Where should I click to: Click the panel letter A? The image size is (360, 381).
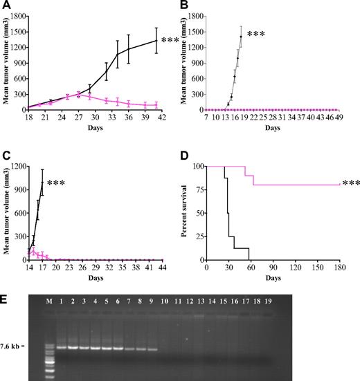(x=6, y=6)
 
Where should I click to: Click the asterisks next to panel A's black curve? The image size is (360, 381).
(x=170, y=41)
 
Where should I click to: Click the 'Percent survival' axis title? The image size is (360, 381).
(x=193, y=213)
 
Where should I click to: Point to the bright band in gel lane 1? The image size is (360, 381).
(x=61, y=347)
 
